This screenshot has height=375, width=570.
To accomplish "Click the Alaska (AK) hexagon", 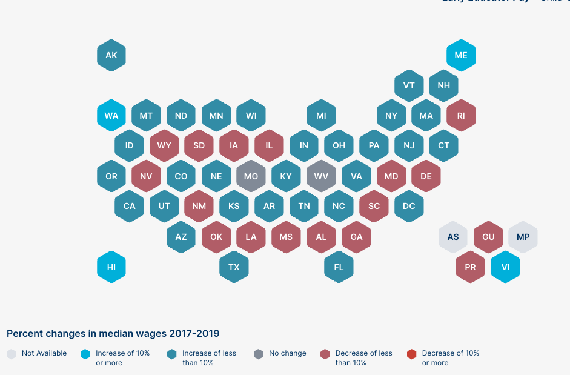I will click(111, 55).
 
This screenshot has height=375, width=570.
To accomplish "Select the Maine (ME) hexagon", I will click(461, 55).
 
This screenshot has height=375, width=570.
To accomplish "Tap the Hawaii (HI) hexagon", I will click(111, 267).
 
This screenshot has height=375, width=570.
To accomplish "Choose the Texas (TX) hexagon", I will click(234, 267).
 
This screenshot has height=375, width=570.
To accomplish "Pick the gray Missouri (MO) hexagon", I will click(251, 176).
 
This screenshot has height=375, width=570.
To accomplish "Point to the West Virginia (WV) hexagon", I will click(321, 176).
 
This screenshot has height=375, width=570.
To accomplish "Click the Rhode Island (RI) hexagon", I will click(461, 115).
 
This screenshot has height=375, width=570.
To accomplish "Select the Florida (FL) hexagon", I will click(339, 267).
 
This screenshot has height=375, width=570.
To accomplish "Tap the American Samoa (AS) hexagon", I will click(453, 236).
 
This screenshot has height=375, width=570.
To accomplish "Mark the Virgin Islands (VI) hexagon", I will click(505, 267).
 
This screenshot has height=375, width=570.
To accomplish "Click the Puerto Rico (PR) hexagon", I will click(470, 267).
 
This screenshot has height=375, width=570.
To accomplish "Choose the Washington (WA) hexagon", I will click(111, 115).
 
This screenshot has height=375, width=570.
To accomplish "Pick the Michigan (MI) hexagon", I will click(321, 115).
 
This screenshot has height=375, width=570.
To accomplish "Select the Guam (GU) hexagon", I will click(488, 236).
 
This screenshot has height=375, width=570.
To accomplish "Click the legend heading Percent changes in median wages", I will click(113, 333).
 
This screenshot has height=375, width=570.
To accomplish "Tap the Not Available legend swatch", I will click(12, 354).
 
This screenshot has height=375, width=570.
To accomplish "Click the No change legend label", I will click(287, 353).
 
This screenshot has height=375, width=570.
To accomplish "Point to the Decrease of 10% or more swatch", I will click(412, 354).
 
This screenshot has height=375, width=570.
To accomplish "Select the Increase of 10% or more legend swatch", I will click(85, 354).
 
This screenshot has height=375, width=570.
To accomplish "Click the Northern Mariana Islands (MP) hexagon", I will click(523, 236).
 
